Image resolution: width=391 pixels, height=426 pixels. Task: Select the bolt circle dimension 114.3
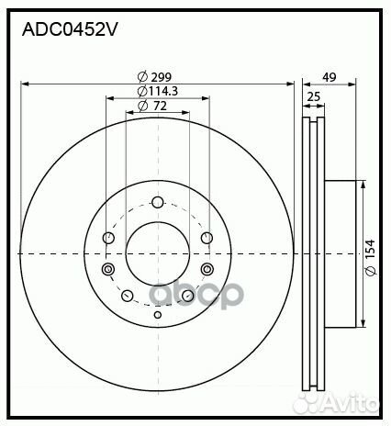[x=162, y=92]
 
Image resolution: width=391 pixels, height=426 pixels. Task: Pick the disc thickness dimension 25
[x=314, y=97]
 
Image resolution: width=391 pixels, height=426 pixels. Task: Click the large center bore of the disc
[x=157, y=252]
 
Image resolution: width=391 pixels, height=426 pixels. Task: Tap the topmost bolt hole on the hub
[x=157, y=202]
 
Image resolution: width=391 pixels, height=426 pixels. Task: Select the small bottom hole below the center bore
[x=157, y=316]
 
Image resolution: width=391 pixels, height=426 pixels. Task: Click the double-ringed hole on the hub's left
[x=108, y=269]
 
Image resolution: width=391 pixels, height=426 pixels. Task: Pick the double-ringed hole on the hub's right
[x=206, y=269]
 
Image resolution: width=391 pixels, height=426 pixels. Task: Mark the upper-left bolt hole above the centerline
[x=109, y=239]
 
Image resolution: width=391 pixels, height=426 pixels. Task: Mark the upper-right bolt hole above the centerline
[x=206, y=239]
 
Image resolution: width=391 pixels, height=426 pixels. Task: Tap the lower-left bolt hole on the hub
[x=128, y=295]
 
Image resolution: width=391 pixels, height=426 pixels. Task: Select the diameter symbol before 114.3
[x=142, y=92]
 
